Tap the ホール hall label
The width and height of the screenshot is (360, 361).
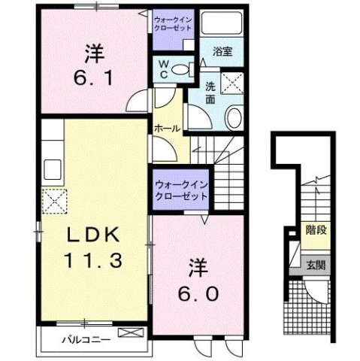click(x=166, y=129)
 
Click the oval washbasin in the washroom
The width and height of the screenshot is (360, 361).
click(x=233, y=118)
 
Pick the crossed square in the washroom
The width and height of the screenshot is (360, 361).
click(x=233, y=80)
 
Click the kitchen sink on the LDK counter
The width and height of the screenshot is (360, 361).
click(x=53, y=166)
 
